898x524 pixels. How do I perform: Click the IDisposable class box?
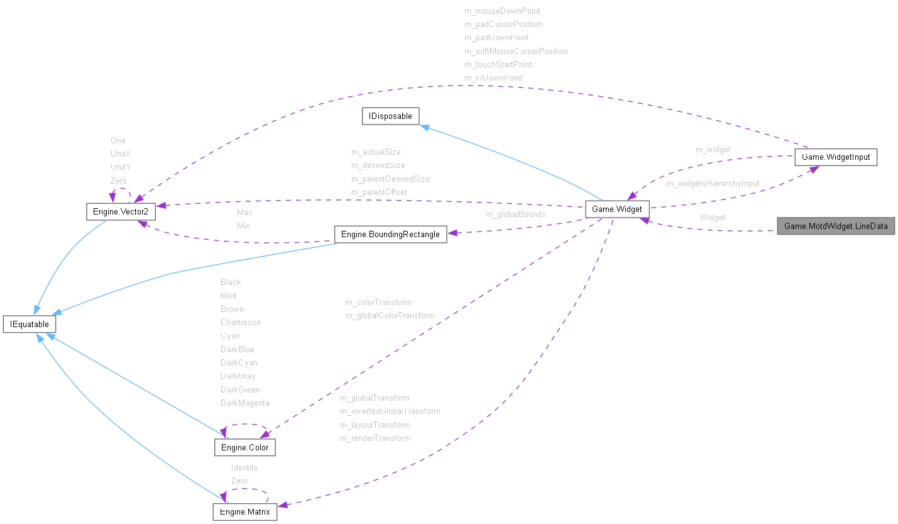(390, 116)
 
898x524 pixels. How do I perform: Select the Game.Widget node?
(616, 209)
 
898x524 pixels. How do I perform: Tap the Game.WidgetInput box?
(835, 157)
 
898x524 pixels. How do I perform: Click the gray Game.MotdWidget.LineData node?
(835, 226)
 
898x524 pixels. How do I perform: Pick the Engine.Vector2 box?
(120, 211)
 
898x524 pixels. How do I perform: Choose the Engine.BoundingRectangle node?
(390, 235)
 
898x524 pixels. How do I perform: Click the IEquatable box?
(30, 325)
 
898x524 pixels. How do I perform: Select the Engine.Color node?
(245, 448)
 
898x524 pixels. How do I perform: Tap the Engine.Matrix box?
(245, 512)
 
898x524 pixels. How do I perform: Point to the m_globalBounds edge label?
(515, 215)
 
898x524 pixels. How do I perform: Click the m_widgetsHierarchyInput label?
(713, 184)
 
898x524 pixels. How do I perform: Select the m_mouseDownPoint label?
(502, 11)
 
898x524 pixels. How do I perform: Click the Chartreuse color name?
(240, 322)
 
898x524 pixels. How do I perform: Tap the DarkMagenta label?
(244, 403)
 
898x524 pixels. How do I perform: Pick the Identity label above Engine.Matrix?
(244, 467)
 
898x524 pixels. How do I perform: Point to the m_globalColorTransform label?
(390, 315)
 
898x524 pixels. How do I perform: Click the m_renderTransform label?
(375, 438)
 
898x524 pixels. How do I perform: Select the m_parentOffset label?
(379, 192)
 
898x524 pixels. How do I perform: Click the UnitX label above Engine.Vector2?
(120, 153)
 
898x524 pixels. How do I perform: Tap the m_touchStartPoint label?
(498, 64)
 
